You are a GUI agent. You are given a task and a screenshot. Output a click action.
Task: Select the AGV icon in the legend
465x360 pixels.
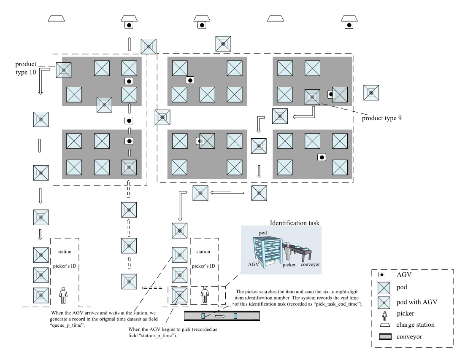coord(383,275)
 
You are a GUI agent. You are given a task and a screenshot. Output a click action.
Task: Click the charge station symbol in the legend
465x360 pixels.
coord(382,325)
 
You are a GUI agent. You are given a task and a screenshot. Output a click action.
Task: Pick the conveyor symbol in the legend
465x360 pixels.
coord(382,337)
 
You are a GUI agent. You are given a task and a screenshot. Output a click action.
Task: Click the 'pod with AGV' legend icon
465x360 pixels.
coord(382,301)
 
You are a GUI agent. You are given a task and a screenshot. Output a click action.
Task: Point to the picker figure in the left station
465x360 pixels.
coord(63,295)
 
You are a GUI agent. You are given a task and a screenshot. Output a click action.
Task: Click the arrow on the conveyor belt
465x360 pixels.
coord(219,315)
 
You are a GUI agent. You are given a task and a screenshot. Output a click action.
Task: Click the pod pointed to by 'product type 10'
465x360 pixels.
coord(64,70)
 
